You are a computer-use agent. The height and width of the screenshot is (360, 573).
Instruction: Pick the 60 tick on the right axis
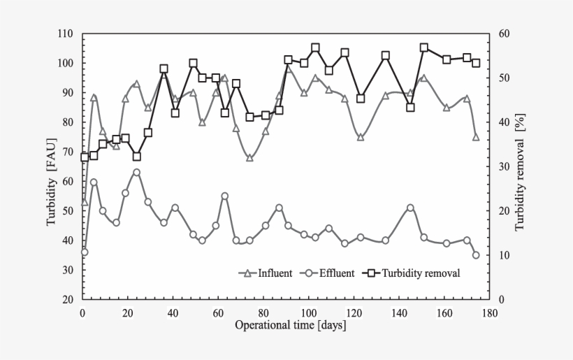(505, 34)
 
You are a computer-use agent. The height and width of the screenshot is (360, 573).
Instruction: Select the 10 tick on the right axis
(504, 255)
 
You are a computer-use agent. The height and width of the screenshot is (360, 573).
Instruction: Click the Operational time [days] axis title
(290, 325)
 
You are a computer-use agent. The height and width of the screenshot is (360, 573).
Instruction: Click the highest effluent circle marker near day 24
(137, 172)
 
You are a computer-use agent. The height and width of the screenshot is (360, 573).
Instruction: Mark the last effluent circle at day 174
(476, 255)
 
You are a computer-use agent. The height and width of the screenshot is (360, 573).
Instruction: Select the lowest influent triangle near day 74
(249, 157)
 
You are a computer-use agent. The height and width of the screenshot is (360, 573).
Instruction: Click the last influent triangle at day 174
(476, 137)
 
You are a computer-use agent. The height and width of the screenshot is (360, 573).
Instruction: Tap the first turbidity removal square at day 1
(85, 157)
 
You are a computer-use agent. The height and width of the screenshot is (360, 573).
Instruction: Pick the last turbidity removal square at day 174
(476, 63)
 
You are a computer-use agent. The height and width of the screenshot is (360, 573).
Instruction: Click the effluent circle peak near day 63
(224, 196)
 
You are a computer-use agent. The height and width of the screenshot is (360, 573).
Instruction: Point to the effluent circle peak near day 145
(410, 208)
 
